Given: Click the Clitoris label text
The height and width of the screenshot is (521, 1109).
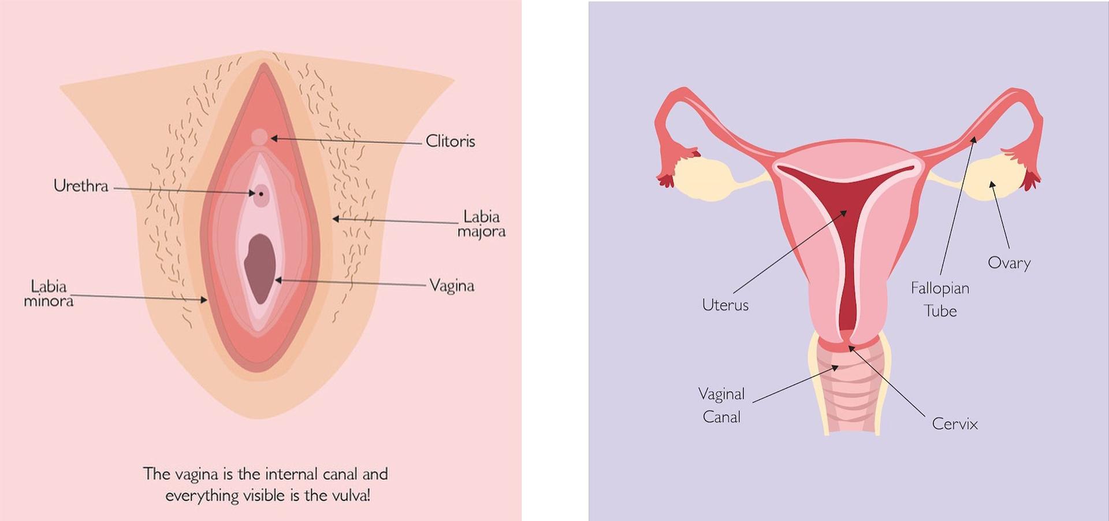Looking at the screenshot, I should pos(450,141).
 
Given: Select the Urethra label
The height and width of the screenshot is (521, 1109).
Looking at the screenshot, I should pos(81,186).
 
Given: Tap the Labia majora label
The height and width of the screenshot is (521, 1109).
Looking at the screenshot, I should pos(481,224).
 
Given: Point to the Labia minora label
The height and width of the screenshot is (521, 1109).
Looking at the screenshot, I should pos(49,293).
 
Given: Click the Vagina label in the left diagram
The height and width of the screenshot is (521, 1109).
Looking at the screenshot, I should pos(452,286).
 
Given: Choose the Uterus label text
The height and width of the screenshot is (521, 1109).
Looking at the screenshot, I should pos(725,305).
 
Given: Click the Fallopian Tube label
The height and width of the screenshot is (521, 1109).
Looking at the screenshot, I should pos(940,300).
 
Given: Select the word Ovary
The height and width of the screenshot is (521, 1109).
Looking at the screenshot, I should pos(1009,263).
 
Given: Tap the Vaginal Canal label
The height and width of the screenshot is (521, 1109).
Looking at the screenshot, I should pos(721,405).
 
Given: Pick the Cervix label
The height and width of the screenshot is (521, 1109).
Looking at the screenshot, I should pos(955,424).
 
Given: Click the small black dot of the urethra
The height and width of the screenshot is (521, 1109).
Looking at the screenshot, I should pos(261,194).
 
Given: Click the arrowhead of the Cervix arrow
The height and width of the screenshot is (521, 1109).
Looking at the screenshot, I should pos(850,348).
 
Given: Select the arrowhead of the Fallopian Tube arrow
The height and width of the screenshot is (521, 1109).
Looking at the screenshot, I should pos(974,138).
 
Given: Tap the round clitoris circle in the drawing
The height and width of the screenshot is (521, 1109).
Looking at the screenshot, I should pos(260,137).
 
